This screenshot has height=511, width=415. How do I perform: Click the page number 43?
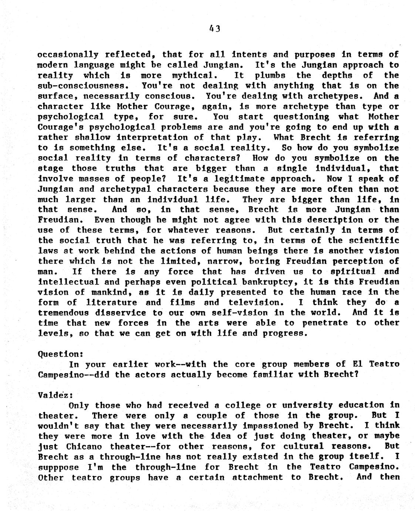click(215, 28)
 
